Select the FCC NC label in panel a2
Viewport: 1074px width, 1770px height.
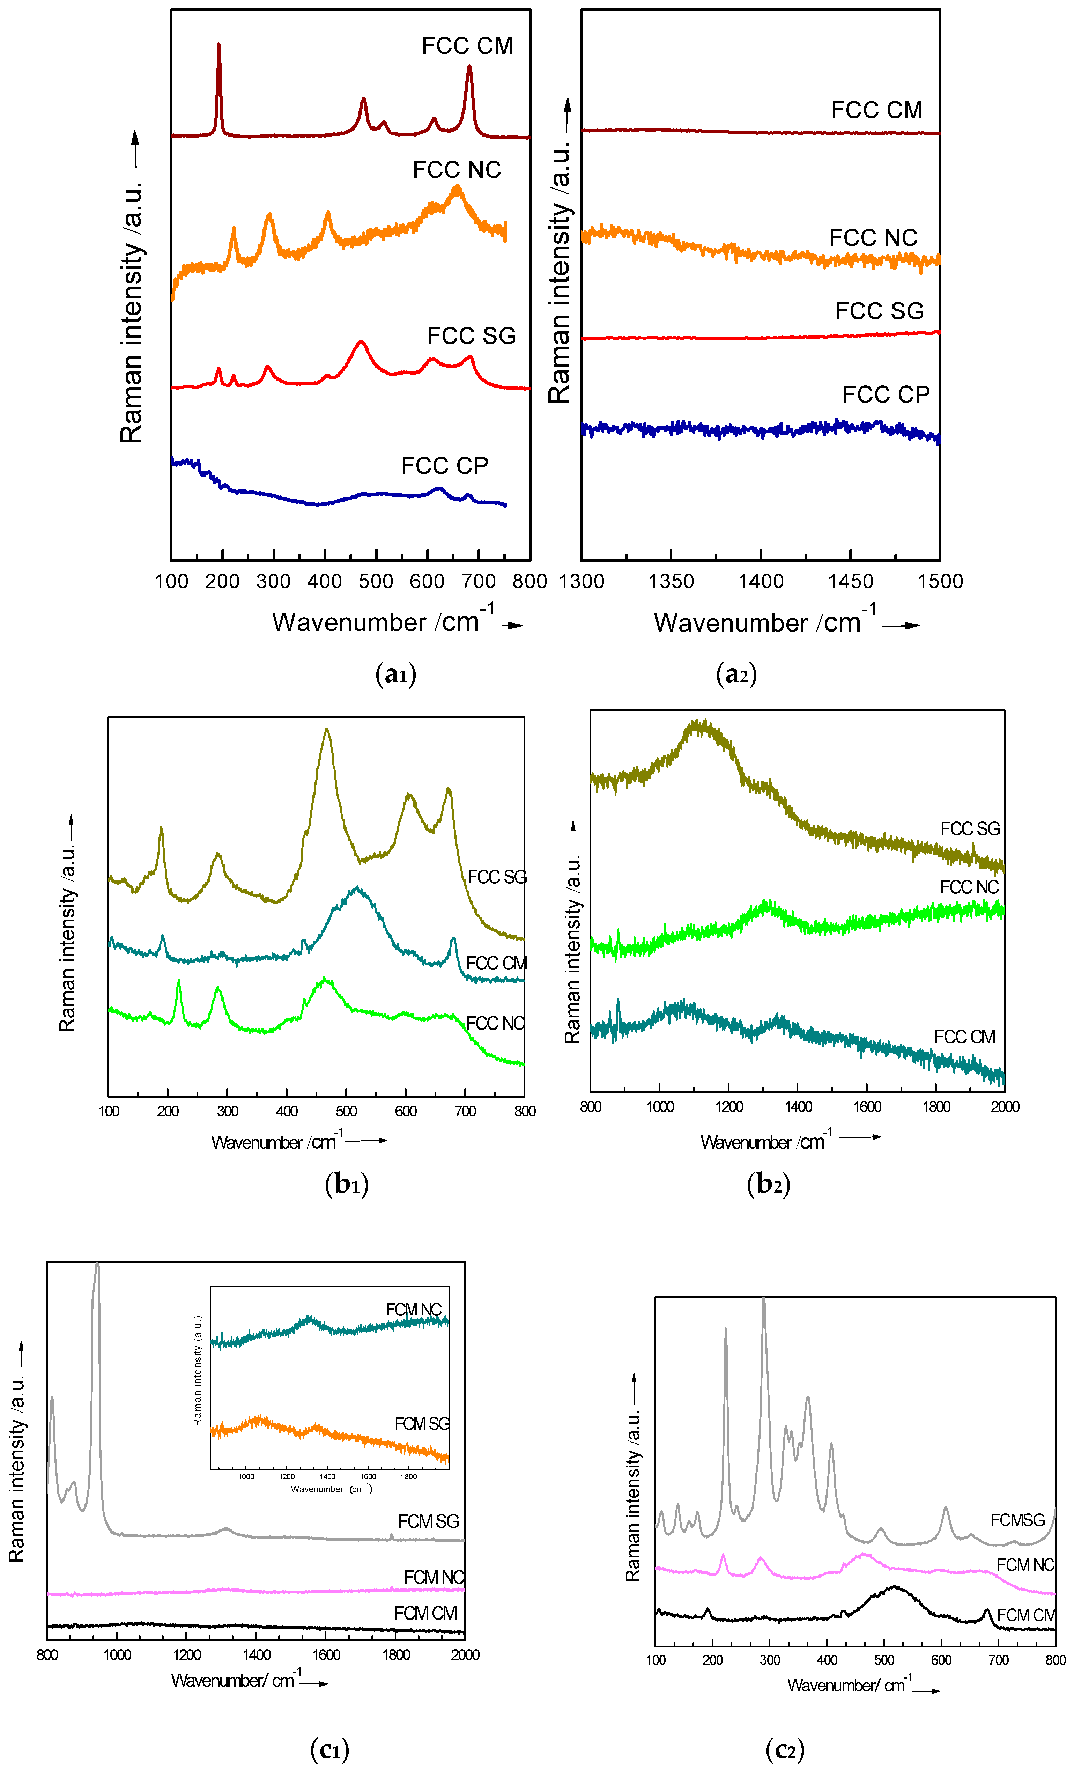(x=873, y=238)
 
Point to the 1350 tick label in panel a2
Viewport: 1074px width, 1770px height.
(x=671, y=581)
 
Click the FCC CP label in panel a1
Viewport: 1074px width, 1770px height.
(x=445, y=466)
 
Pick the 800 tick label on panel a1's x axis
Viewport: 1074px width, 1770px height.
(x=529, y=581)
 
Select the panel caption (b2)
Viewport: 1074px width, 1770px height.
(x=768, y=1183)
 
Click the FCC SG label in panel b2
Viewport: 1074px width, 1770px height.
(x=970, y=829)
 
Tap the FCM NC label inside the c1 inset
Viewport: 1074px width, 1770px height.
(x=414, y=1310)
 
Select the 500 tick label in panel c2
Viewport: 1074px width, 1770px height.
(x=884, y=1660)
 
